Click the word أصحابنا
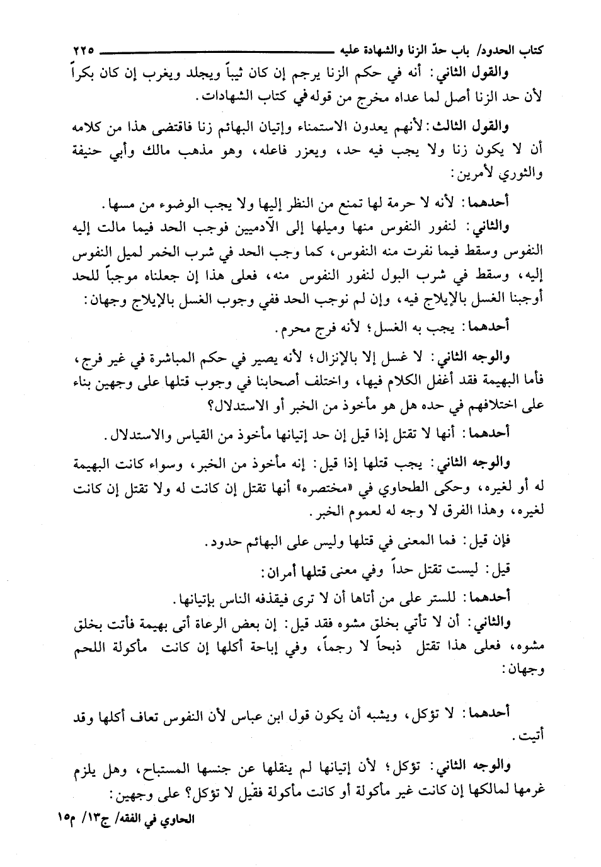coord(277,379)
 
